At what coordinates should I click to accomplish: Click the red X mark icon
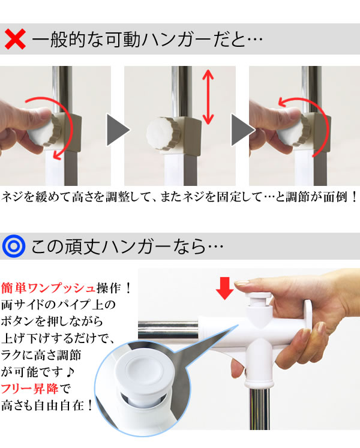(15, 39)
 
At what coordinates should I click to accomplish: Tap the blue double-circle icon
(13, 246)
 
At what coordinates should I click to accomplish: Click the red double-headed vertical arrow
(208, 97)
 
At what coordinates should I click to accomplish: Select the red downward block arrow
(225, 288)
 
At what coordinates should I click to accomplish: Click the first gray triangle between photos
(118, 130)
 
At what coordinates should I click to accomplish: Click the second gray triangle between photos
(242, 130)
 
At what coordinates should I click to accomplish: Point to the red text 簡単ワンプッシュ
(48, 288)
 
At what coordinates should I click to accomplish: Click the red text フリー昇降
(30, 389)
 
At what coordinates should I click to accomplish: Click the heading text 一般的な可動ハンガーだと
(139, 39)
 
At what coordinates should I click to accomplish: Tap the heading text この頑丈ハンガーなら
(118, 246)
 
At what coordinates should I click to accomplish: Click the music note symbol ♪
(70, 372)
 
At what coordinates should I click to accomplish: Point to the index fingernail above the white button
(242, 283)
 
